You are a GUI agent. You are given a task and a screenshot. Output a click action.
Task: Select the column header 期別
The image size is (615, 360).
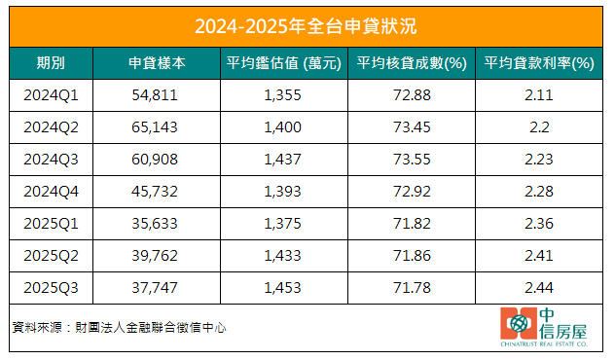pos(51,63)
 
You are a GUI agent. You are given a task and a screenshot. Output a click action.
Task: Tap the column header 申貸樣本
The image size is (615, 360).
pos(157,63)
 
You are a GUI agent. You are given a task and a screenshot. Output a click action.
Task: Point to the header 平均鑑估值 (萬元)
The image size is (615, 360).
pos(283,63)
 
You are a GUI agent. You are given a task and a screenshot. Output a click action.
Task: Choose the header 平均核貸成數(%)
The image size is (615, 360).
pos(413,63)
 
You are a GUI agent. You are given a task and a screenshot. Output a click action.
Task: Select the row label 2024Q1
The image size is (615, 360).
pos(51,95)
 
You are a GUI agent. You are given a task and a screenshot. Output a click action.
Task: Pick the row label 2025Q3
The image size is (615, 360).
pos(51,289)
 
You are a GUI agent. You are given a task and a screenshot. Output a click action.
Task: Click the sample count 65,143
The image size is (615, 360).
pos(157,127)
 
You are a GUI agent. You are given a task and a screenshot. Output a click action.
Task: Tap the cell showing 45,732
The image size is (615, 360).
pos(157,193)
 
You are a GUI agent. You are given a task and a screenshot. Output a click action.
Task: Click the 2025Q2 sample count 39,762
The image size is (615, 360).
pos(157,257)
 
